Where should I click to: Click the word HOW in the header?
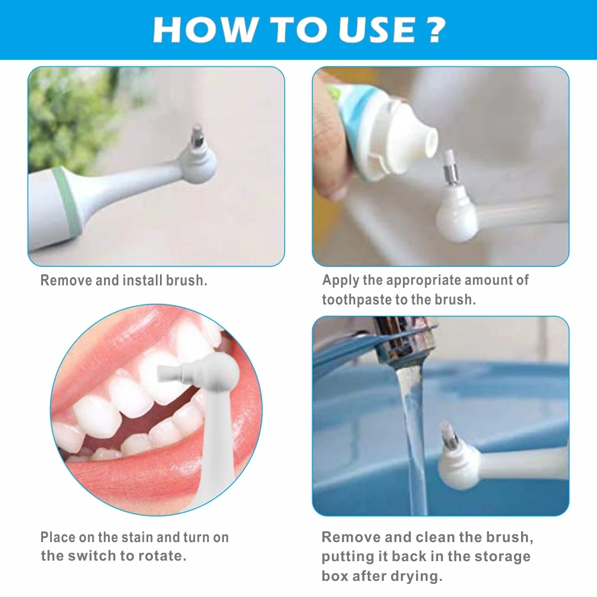click(x=204, y=30)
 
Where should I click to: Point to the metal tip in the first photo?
click(x=196, y=135)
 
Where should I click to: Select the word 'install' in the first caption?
click(x=143, y=280)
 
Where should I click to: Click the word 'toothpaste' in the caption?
click(x=356, y=300)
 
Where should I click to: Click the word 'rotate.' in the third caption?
click(x=162, y=556)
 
